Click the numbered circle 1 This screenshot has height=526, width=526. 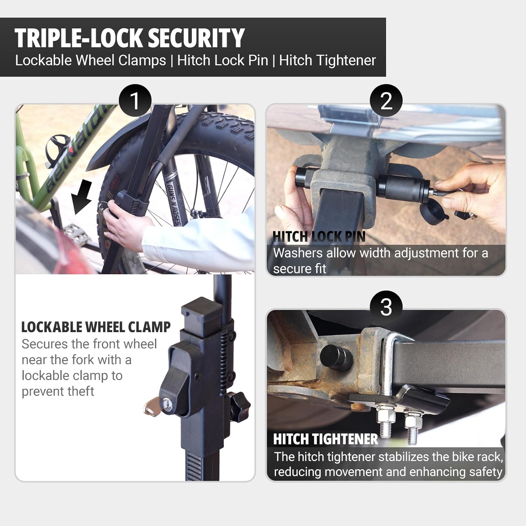135,101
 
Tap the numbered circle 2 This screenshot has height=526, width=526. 386,101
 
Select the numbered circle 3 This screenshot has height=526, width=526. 386,307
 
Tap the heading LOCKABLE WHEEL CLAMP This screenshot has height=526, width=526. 96,327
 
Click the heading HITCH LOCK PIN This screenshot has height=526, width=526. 319,237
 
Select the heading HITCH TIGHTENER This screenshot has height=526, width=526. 325,439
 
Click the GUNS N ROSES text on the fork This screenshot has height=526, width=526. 174,203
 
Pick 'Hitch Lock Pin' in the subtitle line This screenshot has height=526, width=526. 222,60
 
